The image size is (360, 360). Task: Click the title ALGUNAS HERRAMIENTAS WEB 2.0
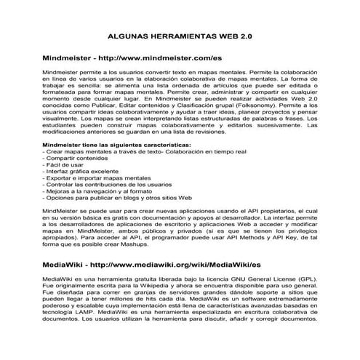180,34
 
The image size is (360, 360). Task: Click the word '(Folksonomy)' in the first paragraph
253,105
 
